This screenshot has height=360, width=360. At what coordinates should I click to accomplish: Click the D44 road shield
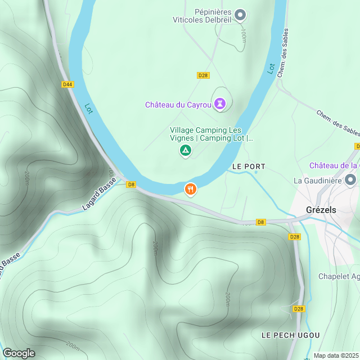[68, 84]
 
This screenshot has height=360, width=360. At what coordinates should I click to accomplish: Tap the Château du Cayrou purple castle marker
[219, 104]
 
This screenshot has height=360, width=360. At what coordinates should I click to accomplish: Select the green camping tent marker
[185, 151]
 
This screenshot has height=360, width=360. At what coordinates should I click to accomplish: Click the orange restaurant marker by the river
[191, 190]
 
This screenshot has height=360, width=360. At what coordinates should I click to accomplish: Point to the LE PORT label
[249, 167]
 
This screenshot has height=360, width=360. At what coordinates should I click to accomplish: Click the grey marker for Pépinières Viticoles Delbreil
[240, 15]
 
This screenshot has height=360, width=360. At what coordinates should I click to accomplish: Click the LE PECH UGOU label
[291, 335]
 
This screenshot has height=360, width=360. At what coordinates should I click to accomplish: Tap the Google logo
[19, 353]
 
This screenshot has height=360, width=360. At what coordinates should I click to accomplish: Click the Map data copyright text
[336, 355]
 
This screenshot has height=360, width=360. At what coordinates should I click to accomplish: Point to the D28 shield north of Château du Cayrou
[204, 75]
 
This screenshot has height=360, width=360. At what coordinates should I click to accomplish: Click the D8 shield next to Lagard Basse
[131, 184]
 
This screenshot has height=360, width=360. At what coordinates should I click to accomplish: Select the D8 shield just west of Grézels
[260, 222]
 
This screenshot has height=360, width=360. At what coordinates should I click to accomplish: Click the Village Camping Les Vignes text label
[211, 134]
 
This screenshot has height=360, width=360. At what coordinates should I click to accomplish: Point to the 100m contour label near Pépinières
[243, 35]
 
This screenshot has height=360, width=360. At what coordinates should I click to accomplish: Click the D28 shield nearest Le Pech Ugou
[299, 309]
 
